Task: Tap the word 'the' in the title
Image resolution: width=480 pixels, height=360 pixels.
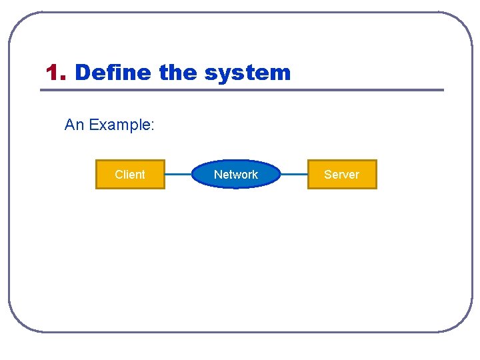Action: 179,72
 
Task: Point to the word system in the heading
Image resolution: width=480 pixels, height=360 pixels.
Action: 247,73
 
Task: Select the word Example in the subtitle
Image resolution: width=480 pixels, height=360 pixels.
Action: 120,125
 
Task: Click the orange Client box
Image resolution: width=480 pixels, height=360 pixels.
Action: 130,175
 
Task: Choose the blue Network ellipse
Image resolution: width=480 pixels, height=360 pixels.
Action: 236,175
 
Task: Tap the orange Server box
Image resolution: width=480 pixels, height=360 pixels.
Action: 341,175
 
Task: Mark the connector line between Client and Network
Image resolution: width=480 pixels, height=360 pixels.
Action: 178,175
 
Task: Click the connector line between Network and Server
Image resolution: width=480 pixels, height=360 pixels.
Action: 294,175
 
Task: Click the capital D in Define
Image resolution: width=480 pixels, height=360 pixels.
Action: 82,72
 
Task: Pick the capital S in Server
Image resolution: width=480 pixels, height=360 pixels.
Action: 327,175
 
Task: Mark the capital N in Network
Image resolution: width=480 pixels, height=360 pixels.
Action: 217,175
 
